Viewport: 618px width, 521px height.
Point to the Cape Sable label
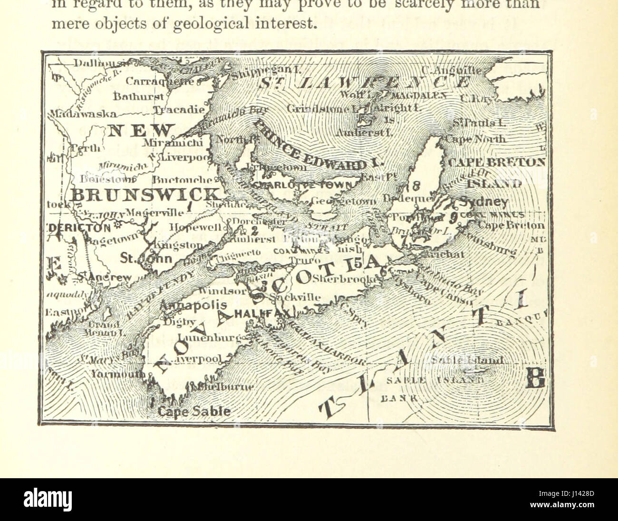coord(194,411)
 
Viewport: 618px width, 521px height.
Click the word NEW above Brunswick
coord(140,130)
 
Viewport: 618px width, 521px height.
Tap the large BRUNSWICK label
coord(145,194)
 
